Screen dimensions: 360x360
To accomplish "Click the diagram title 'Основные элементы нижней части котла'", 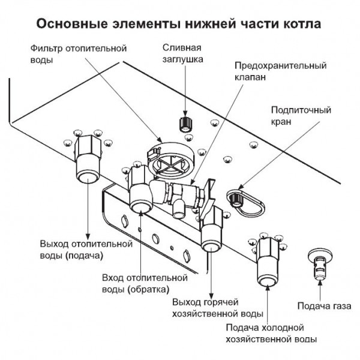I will click(179, 25).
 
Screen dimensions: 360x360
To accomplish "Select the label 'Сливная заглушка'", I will click(185, 53).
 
